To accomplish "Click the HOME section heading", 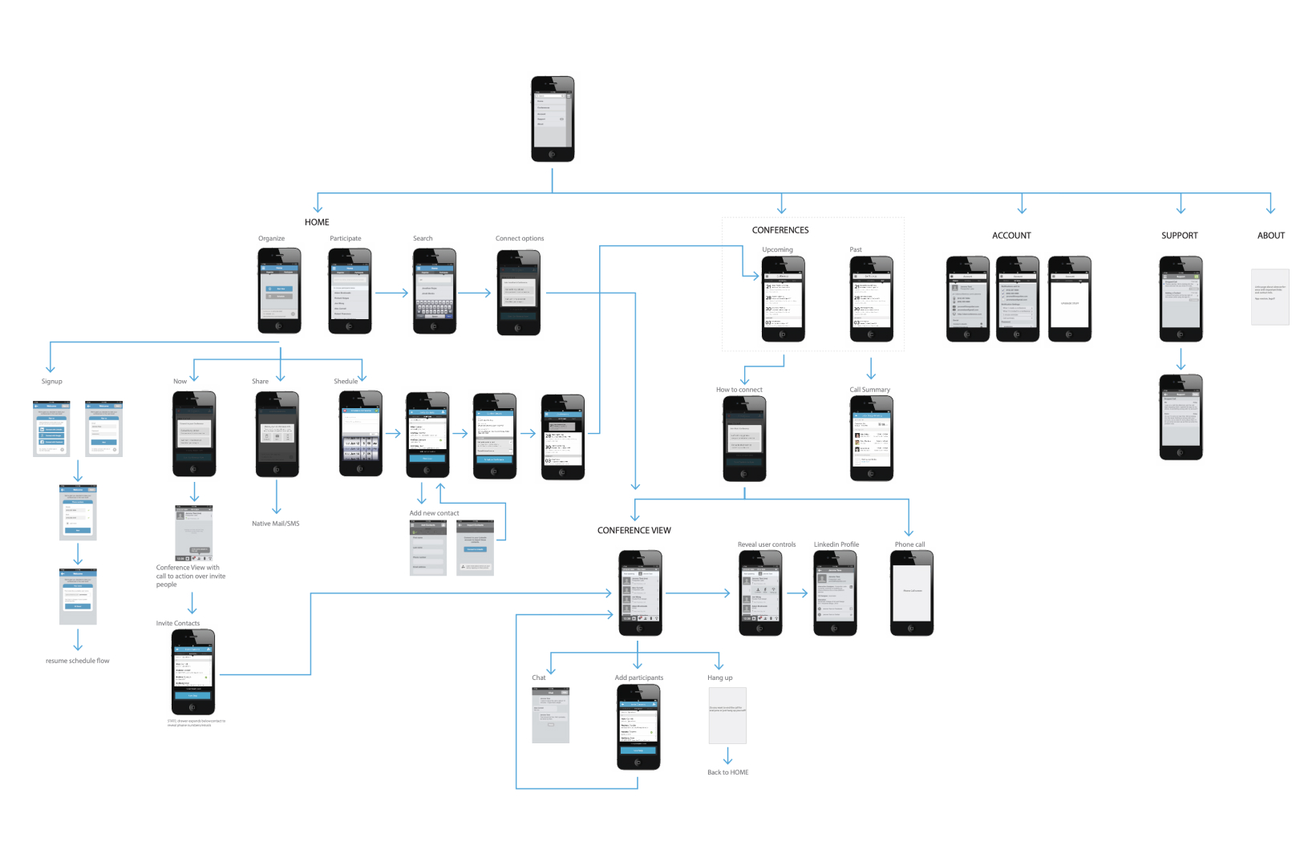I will pos(317,222).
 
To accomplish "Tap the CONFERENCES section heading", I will pos(780,230).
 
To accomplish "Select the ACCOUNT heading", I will pos(1011,236).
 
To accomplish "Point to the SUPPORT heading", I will pos(1179,236).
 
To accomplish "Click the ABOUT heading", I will pos(1270,236).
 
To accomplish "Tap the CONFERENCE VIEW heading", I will pos(634,531).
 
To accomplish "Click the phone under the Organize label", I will pos(279,290).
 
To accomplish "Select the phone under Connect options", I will pos(518,292).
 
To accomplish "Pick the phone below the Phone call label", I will pos(911,593).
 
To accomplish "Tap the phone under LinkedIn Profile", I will pos(835,593).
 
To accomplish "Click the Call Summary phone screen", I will pos(871,438).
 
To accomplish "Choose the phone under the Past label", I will pos(871,299).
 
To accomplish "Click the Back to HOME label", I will pos(727,773).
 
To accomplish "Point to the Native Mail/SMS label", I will pos(275,524).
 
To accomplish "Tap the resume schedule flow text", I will pos(77,661).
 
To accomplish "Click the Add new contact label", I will pos(434,513).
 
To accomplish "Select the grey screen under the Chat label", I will pos(550,714).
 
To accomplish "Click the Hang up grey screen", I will pos(727,715).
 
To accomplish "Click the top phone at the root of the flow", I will pos(553,119).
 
